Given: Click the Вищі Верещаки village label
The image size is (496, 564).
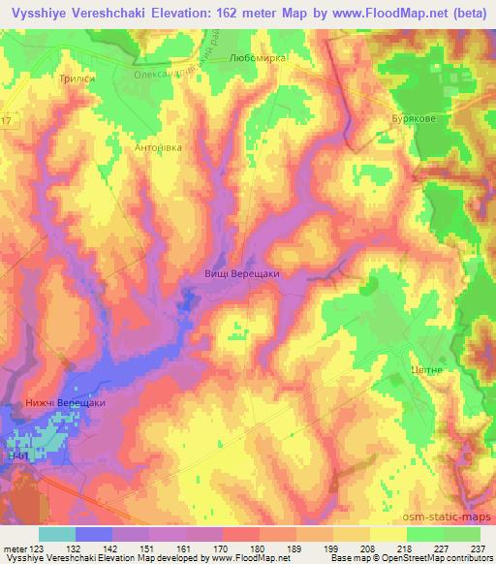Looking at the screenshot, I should click(242, 273).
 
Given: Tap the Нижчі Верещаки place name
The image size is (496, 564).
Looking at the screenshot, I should click(66, 402).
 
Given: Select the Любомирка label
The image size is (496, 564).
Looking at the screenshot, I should click(261, 58).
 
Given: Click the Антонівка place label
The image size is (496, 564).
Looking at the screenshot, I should click(155, 148).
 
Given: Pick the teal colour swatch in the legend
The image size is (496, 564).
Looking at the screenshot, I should click(57, 534).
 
